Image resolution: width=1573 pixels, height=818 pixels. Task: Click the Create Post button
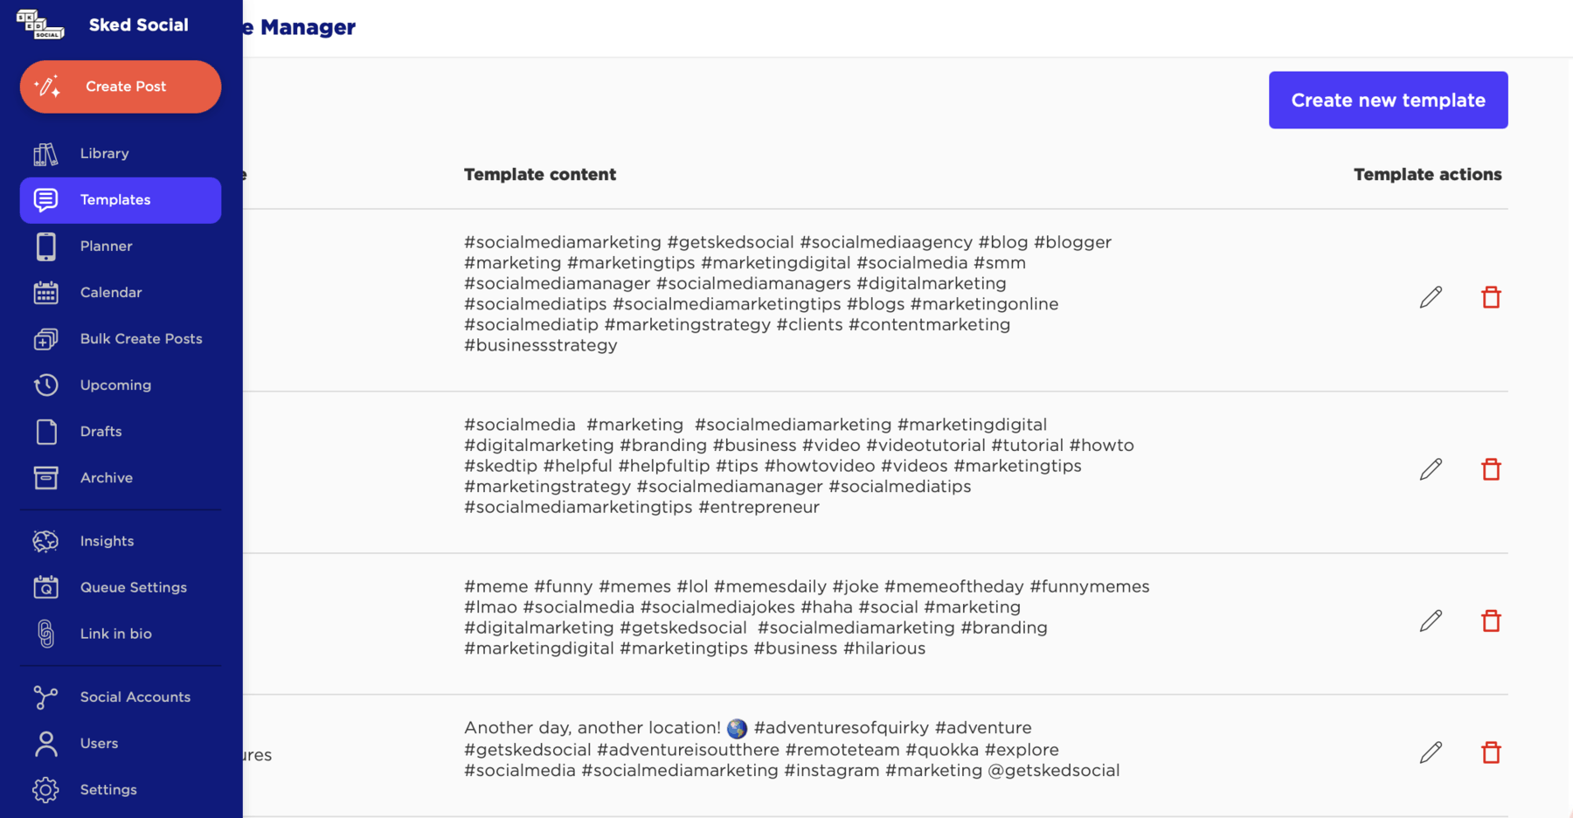coord(121,87)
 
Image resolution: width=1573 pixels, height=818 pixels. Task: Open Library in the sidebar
coord(104,154)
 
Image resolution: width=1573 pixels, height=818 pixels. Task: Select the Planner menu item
coord(106,246)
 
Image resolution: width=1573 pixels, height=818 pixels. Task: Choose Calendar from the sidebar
coord(110,293)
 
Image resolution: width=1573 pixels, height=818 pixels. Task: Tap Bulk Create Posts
coord(141,339)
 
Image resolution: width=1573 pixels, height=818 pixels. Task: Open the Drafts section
coord(100,432)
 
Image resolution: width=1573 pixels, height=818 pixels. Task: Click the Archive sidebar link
coord(106,478)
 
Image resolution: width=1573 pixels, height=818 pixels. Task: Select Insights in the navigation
coord(107,541)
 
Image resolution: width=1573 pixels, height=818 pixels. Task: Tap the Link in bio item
coord(115,634)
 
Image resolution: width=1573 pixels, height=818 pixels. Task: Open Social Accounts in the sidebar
coord(135,697)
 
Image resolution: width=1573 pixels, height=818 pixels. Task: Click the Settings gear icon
coord(45,790)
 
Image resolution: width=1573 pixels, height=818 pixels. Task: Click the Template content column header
coord(539,175)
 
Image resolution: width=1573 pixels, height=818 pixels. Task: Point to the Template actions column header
coord(1427,175)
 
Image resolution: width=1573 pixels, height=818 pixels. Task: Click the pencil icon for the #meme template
coord(1431,621)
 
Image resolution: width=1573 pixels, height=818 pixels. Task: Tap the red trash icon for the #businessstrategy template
coord(1491,297)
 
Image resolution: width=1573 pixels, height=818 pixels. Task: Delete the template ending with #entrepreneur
coord(1491,469)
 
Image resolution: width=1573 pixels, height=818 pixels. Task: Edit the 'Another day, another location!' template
coord(1431,752)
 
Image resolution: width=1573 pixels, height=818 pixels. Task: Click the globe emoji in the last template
coord(737,729)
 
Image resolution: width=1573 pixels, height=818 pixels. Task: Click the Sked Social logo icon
coord(39,24)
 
